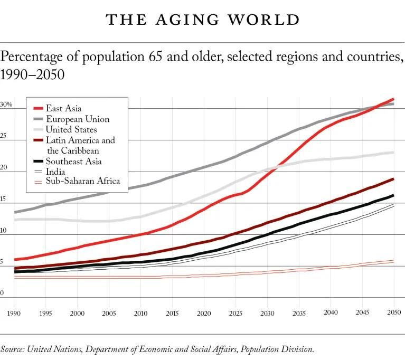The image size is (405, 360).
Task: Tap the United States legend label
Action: [x=71, y=129]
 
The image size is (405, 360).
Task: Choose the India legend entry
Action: [x=55, y=171]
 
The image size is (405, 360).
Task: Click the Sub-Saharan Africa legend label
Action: [x=83, y=181]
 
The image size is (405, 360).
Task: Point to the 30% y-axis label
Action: [x=6, y=105]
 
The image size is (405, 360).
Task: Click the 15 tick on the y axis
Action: [x=4, y=199]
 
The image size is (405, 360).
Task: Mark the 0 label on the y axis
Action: [x=2, y=293]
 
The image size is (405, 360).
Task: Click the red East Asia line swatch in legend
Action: [x=37, y=109]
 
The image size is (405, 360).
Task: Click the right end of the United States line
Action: [x=394, y=153]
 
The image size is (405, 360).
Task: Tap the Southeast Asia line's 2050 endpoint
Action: [x=394, y=196]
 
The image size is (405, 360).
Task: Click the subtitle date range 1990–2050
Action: [x=32, y=75]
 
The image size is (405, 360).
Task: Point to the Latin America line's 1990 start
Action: [x=15, y=268]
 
